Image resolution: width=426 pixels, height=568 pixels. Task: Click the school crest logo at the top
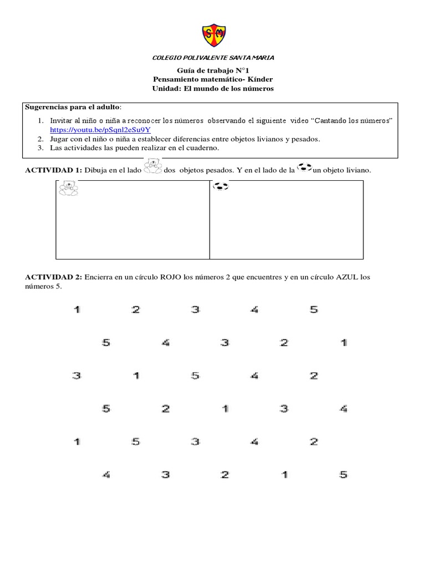[213, 34]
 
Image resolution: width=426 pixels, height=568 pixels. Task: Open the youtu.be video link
[100, 129]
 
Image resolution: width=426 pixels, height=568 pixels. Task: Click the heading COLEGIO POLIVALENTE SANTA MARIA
[213, 58]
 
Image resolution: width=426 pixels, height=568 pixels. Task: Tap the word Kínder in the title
[260, 79]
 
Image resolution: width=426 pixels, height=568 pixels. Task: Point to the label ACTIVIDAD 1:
[53, 171]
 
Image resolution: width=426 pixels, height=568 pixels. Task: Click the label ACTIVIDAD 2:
[53, 277]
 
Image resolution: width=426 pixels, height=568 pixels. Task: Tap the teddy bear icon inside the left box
[69, 189]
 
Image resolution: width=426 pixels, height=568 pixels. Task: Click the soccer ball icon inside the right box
[221, 186]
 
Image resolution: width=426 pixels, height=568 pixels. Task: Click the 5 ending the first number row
[314, 310]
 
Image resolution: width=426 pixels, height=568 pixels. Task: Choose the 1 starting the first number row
[77, 310]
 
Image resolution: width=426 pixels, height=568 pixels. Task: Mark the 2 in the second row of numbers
[284, 343]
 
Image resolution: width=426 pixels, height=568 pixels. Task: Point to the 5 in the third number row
[195, 376]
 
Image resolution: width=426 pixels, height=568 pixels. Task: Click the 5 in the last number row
[343, 474]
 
